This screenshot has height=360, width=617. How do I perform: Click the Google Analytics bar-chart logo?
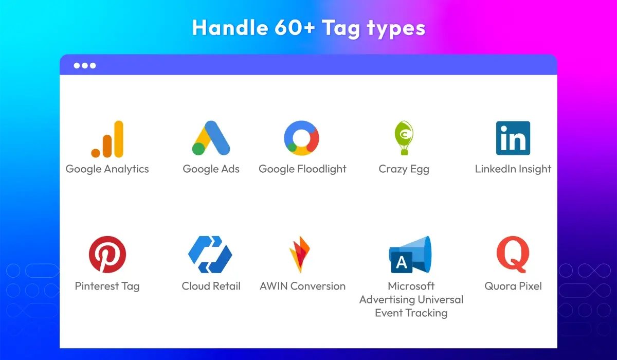pos(107,139)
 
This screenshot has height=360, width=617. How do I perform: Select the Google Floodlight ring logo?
pos(302,138)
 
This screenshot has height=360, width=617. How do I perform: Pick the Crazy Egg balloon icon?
pos(404,138)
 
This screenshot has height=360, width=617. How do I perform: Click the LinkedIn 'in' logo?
pos(513,138)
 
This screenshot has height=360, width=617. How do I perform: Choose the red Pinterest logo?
pos(107,255)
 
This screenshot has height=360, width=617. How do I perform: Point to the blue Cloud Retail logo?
pos(210,254)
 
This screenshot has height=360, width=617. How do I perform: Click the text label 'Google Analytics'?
pos(107,169)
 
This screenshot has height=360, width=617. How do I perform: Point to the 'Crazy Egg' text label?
pos(404,169)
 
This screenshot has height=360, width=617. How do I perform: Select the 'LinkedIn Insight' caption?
pos(513,169)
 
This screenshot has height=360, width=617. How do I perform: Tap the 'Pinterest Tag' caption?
pos(107,286)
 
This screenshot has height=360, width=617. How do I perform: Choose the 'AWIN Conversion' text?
pos(302,286)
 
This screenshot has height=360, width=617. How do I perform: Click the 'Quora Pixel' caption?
pos(513,286)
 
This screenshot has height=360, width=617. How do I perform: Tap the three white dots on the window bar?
pos(84,66)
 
